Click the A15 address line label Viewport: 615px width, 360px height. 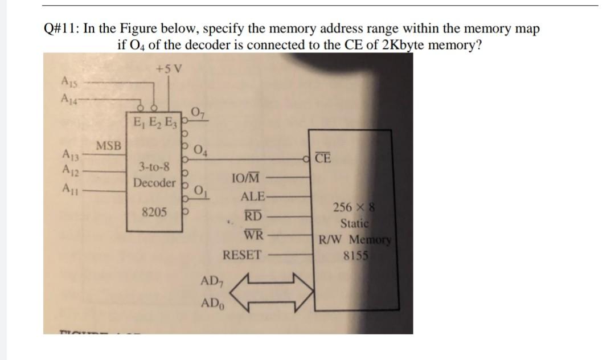68,81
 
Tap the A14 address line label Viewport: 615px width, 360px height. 68,96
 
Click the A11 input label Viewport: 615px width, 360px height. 68,187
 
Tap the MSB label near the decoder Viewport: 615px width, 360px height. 108,145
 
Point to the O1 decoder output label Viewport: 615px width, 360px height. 200,190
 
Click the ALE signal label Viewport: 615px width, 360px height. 253,197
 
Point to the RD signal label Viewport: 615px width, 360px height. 253,216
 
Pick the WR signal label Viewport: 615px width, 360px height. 253,235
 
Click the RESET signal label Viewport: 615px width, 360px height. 243,255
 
